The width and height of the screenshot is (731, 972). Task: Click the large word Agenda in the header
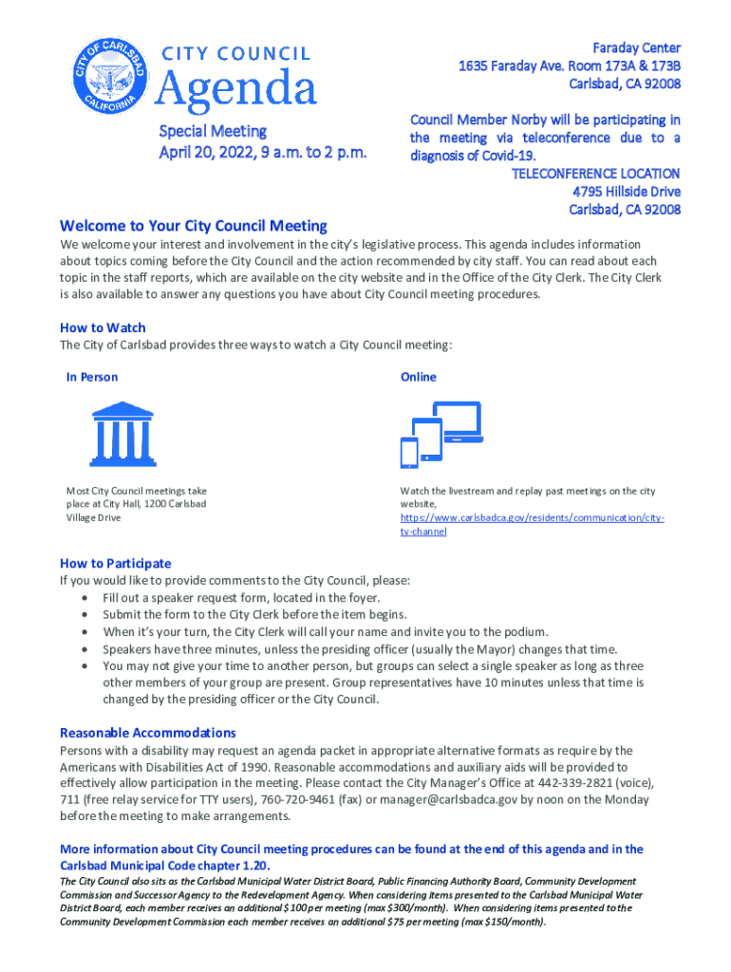[235, 90]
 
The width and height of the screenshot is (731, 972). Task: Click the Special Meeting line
[212, 131]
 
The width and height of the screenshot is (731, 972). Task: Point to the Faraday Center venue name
[636, 47]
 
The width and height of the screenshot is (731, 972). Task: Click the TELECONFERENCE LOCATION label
[595, 174]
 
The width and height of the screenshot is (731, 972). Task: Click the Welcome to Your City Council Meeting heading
[194, 226]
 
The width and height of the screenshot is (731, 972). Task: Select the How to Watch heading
[103, 327]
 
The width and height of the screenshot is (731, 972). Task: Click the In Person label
[92, 377]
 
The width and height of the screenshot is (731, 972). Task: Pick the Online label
[418, 377]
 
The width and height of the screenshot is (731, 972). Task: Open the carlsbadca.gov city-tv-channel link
[531, 518]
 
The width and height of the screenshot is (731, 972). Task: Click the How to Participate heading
[116, 563]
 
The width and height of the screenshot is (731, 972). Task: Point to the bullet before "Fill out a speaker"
[87, 598]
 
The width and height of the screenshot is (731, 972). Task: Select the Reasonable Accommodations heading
[148, 733]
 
